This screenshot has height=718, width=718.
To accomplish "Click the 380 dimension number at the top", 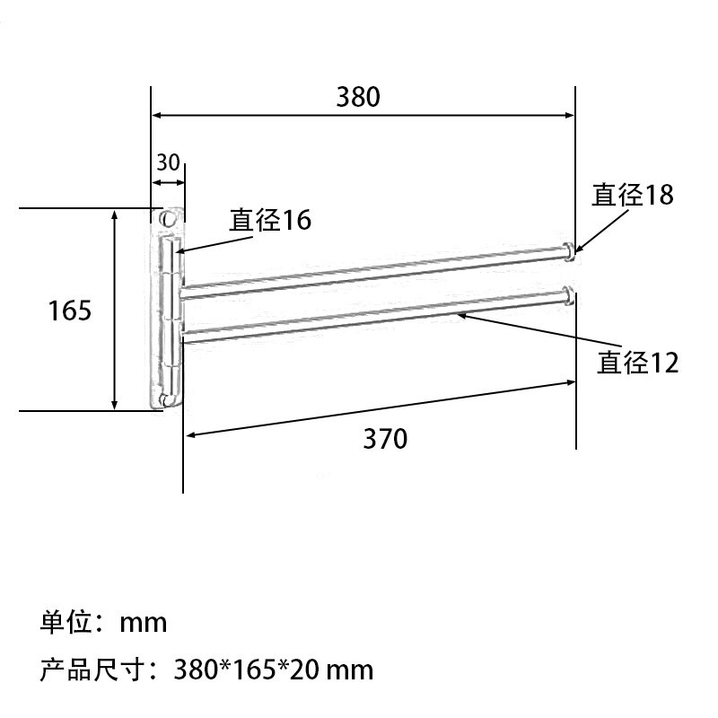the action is point(358,96).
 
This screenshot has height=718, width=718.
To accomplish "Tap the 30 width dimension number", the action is point(168,162).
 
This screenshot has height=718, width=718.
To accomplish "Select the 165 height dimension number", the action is point(70,311).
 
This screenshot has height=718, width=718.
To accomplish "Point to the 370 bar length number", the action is point(385,439).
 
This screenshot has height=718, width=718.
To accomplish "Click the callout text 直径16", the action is point(270,220).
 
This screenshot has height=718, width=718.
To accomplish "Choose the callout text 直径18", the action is point(632,195).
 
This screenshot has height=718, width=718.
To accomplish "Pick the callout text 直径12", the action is point(638,363).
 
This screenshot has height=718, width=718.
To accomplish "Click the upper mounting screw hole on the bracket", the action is point(166,219).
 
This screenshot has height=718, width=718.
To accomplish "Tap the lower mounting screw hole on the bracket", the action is point(164,400).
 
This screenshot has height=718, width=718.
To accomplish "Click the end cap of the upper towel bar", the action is point(568,250).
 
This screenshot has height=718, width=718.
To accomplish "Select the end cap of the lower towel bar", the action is point(568,294).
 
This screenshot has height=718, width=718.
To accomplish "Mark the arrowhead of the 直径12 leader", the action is point(460,314).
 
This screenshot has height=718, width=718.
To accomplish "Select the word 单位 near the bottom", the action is point(64,622).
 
